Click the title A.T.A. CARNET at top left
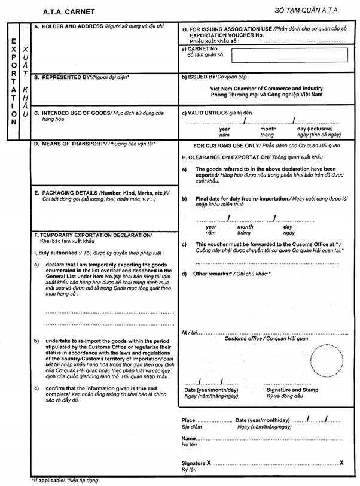(x=69, y=11)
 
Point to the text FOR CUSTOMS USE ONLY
(x=231, y=145)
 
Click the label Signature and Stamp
(x=291, y=390)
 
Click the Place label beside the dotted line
(x=188, y=421)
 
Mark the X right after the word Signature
(x=209, y=463)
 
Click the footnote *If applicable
(x=45, y=481)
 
